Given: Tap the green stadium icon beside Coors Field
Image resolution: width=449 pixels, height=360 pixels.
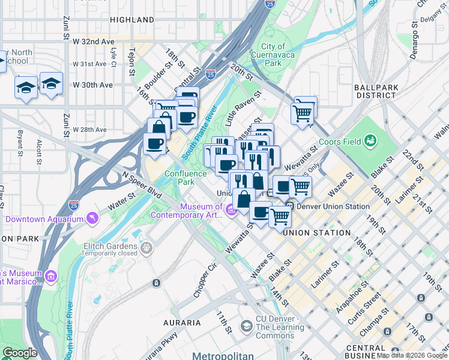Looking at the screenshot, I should pyautogui.click(x=371, y=141).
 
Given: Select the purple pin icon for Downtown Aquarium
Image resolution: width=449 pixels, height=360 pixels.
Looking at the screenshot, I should pyautogui.click(x=92, y=218).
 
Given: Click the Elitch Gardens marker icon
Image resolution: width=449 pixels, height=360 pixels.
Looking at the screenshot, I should pyautogui.click(x=146, y=247).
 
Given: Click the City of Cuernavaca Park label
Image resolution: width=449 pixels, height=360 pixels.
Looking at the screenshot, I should pyautogui.click(x=273, y=55).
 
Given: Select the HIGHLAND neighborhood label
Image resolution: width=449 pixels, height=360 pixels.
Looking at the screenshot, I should pyautogui.click(x=133, y=20).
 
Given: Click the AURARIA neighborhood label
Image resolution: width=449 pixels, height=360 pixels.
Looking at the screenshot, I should pyautogui.click(x=182, y=323).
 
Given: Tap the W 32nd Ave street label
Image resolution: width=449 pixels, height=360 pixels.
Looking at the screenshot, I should pyautogui.click(x=93, y=41).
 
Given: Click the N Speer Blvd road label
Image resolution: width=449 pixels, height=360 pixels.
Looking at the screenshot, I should pyautogui.click(x=142, y=186).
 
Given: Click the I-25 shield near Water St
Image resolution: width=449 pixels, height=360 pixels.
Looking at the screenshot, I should pyautogui.click(x=73, y=205).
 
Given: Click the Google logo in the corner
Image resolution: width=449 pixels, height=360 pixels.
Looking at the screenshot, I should pyautogui.click(x=20, y=353).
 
